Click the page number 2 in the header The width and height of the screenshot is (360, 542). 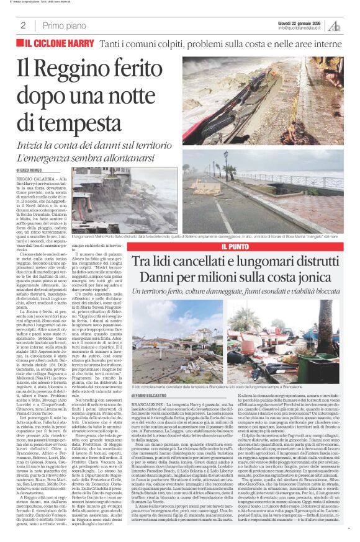pyautogui.click(x=23, y=25)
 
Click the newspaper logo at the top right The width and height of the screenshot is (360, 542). pyautogui.click(x=335, y=25)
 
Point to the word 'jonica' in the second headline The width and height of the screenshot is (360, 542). pyautogui.click(x=314, y=277)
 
